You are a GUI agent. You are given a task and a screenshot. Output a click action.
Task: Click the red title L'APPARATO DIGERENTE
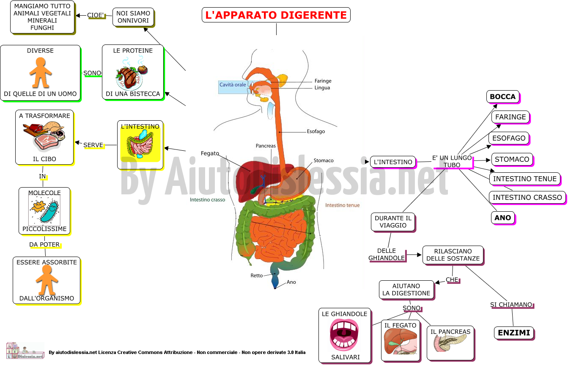tap(276, 15)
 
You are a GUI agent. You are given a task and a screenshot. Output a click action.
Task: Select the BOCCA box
tap(503, 97)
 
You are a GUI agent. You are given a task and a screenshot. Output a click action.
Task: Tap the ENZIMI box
tap(514, 333)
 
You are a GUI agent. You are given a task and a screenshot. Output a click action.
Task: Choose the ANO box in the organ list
tap(503, 218)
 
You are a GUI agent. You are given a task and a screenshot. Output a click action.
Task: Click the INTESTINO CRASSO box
tap(527, 197)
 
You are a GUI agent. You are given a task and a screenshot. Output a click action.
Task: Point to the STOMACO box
tap(512, 159)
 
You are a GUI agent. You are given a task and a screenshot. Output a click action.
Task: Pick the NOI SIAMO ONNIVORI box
tap(133, 17)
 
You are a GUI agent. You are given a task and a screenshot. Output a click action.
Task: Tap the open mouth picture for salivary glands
tap(344, 335)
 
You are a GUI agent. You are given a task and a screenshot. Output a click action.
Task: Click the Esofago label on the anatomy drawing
tap(316, 131)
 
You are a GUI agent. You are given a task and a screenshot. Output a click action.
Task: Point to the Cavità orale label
tap(233, 85)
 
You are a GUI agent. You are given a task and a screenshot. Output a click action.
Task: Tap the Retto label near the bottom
tap(256, 275)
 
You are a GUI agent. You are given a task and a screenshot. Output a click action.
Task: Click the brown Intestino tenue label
tap(342, 205)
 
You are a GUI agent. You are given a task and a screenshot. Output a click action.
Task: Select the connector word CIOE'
tap(96, 15)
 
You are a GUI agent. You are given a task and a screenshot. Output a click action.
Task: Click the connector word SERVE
tap(93, 145)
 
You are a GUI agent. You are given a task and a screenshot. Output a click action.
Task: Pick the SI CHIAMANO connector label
tap(511, 304)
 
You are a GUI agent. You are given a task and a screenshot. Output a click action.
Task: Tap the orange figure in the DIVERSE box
tap(41, 72)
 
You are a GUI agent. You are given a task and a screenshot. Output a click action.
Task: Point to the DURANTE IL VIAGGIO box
tap(393, 222)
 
